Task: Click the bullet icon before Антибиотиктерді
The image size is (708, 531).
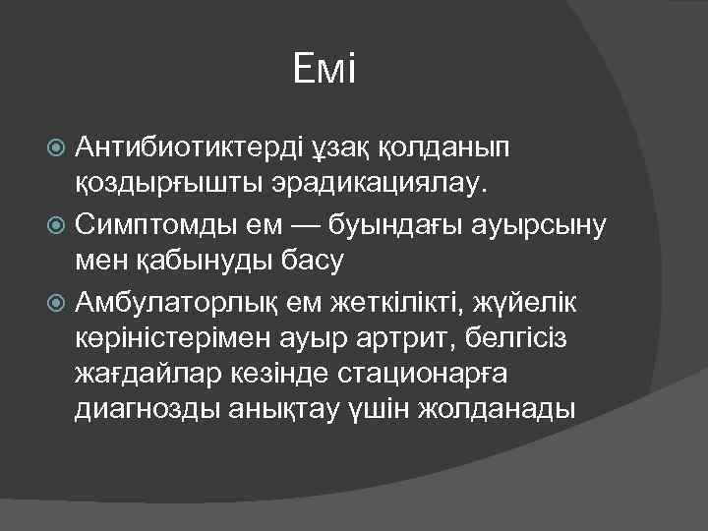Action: coord(56,147)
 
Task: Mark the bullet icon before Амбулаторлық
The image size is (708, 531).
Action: coord(56,304)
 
